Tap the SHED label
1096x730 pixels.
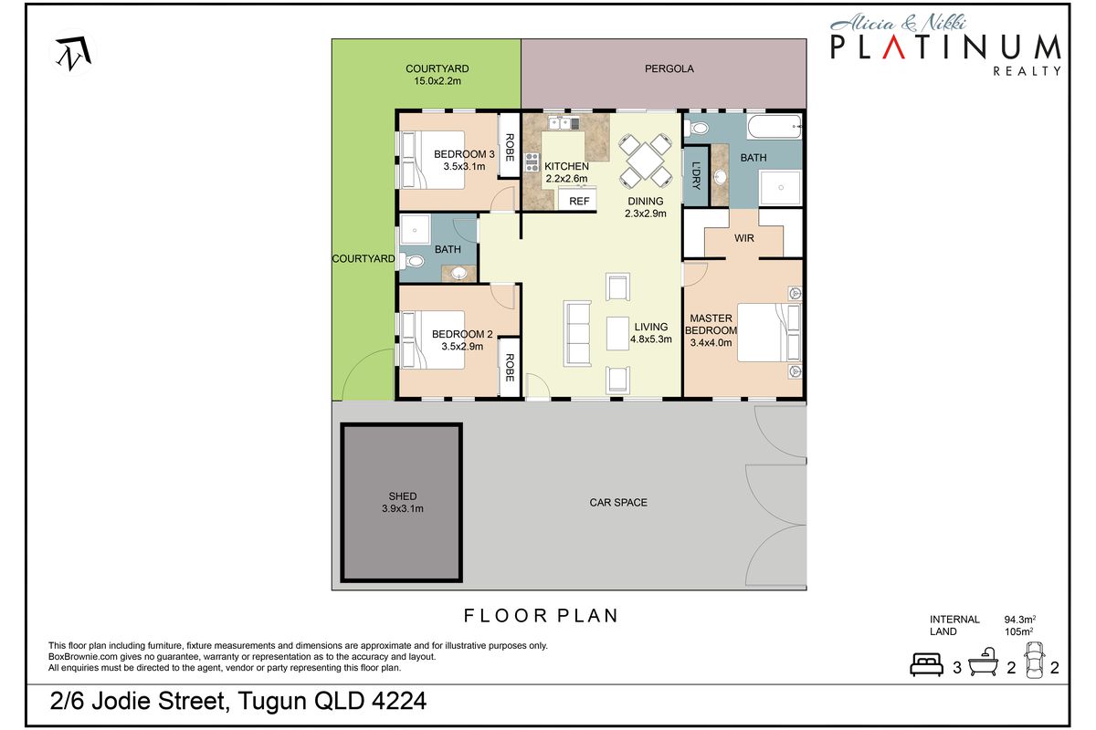pos(402,496)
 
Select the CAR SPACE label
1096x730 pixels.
pos(618,502)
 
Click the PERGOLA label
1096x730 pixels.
pos(669,68)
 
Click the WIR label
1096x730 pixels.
pos(743,239)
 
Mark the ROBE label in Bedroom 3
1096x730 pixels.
pos(510,149)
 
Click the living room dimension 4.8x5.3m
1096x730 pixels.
pos(651,339)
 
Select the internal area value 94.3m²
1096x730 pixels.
pos(1019,620)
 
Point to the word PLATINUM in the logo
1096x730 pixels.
pos(945,47)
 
